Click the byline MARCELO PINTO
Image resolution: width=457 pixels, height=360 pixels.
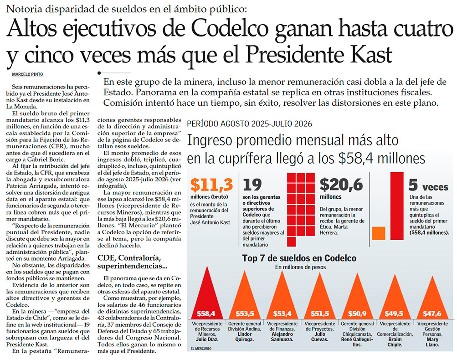coord(27,74)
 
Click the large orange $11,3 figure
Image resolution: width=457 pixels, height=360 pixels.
coord(211,185)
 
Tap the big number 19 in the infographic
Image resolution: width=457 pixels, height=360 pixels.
coord(252,185)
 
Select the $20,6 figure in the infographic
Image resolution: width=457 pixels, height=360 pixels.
coord(341,185)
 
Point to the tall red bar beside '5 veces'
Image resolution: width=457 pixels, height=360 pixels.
coord(397,206)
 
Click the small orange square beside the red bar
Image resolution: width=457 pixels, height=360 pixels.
coord(379,233)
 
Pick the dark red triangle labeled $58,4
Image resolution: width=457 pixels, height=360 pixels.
coord(207,293)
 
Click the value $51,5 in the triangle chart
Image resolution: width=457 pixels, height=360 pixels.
coord(320,314)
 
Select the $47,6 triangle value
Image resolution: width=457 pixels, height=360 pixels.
coord(432,314)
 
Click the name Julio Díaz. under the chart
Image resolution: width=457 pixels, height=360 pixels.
coord(207,339)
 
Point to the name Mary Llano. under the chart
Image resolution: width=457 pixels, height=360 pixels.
coord(432,342)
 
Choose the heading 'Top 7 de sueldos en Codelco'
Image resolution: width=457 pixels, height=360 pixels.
coord(299,258)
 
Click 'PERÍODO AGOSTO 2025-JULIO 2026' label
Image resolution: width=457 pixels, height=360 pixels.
coord(250,124)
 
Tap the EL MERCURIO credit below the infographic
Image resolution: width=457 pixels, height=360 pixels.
coord(201,349)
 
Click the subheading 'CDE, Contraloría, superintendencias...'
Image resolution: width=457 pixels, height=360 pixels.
coord(132,262)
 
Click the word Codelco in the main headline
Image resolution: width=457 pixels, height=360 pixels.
coord(230,29)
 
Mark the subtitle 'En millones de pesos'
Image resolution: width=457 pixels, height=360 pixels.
coord(300,267)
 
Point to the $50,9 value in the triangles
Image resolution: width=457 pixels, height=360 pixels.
coord(357,314)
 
